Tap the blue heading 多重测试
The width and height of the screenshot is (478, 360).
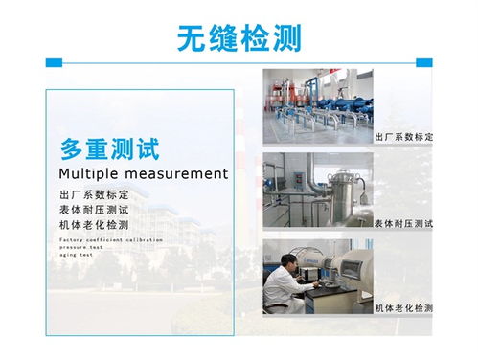tap(108, 148)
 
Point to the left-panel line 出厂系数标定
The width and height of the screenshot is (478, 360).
tap(93, 194)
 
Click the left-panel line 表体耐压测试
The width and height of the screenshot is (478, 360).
tap(93, 209)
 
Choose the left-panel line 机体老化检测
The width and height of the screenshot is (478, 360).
tap(93, 224)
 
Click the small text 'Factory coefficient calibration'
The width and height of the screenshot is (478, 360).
tap(110, 238)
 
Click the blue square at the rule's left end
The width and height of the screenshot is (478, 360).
tap(54, 62)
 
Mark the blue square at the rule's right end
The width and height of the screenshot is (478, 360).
tap(423, 62)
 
